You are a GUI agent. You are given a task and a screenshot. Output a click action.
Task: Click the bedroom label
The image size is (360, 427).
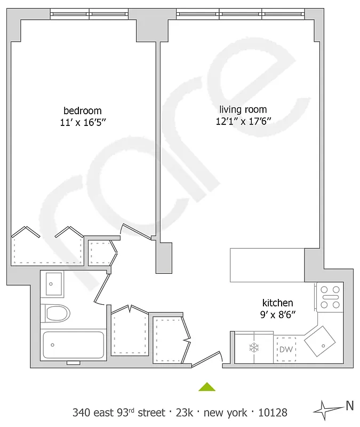point(82,110)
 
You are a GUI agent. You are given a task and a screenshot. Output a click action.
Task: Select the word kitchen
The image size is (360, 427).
point(277,303)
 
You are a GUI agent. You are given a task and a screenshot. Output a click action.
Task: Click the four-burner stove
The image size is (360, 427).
point(330,297)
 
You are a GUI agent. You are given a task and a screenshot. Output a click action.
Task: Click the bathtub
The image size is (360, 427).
point(74,345)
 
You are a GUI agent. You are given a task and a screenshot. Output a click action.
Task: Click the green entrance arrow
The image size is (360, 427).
point(207,387)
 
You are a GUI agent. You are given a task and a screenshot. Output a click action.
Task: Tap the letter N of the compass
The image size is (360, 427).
point(350,406)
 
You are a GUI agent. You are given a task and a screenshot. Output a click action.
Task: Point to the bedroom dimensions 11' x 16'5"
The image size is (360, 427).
point(82,122)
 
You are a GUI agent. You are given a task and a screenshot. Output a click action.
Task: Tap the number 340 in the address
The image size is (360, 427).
point(82,413)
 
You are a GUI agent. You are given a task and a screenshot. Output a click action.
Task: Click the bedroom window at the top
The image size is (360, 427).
point(89,13)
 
